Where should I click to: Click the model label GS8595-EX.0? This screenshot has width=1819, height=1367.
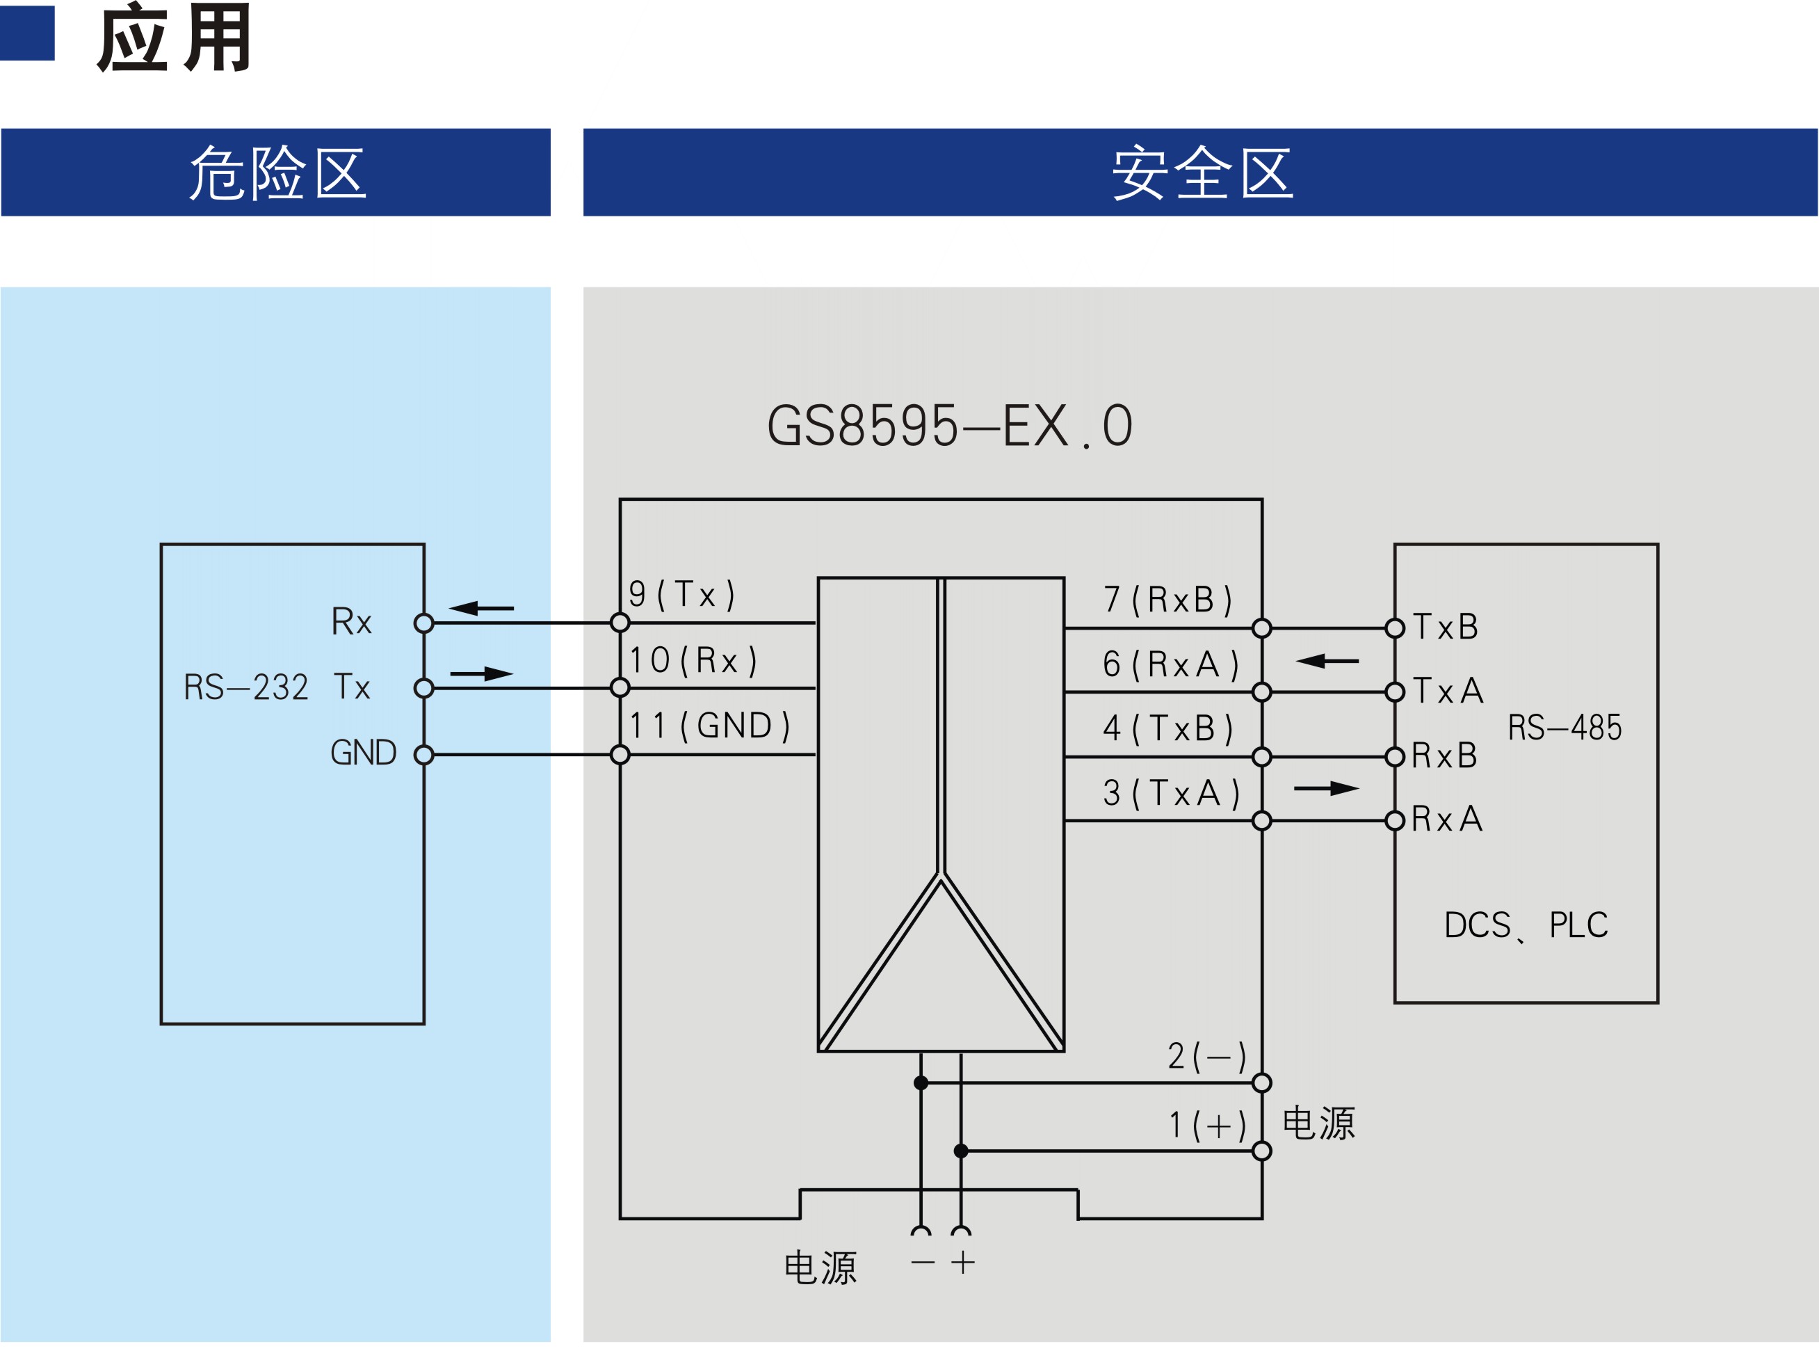tap(950, 425)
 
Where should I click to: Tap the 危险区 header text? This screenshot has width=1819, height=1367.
tap(277, 173)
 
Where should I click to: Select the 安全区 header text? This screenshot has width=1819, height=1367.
tap(1202, 173)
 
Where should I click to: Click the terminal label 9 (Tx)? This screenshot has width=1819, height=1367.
tap(681, 594)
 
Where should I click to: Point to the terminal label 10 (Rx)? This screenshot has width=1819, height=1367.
tap(693, 659)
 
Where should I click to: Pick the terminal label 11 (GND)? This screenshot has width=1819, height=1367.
tap(709, 726)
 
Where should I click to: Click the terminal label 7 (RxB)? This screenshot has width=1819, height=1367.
tap(1167, 600)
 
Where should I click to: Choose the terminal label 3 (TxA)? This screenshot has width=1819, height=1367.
tap(1171, 793)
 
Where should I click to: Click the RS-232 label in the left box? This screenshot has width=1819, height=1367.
tap(246, 687)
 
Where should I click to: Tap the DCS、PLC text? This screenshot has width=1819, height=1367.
tap(1526, 925)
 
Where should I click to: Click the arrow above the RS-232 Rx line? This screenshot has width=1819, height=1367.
tap(481, 608)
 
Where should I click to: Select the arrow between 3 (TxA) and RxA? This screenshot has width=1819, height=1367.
tap(1327, 788)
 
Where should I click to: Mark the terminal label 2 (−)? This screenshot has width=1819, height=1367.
tap(1207, 1056)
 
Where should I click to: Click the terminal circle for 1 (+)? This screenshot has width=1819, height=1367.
tap(1261, 1151)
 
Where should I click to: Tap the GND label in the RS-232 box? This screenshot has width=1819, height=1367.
tap(364, 753)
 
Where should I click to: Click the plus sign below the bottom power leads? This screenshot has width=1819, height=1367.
tap(963, 1263)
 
